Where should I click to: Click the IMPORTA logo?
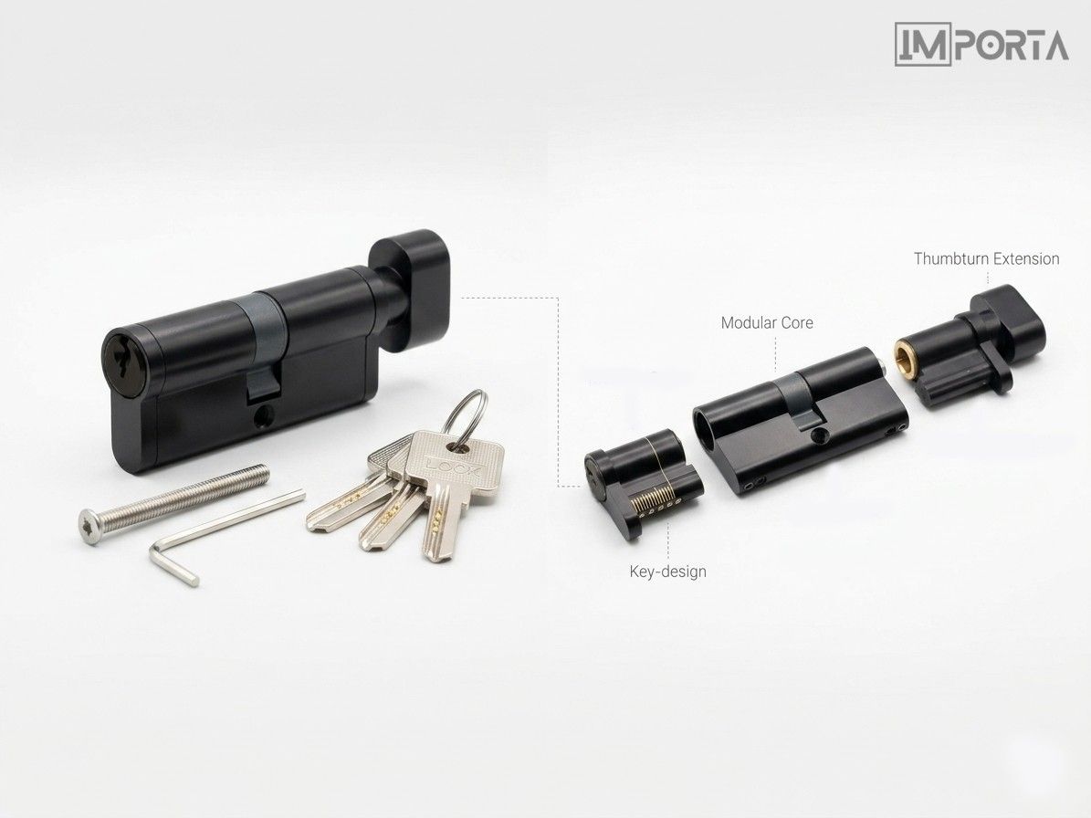(x=981, y=44)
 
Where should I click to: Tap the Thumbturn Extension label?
(x=986, y=258)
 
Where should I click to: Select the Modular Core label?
(x=767, y=323)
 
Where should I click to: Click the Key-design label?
(x=667, y=572)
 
